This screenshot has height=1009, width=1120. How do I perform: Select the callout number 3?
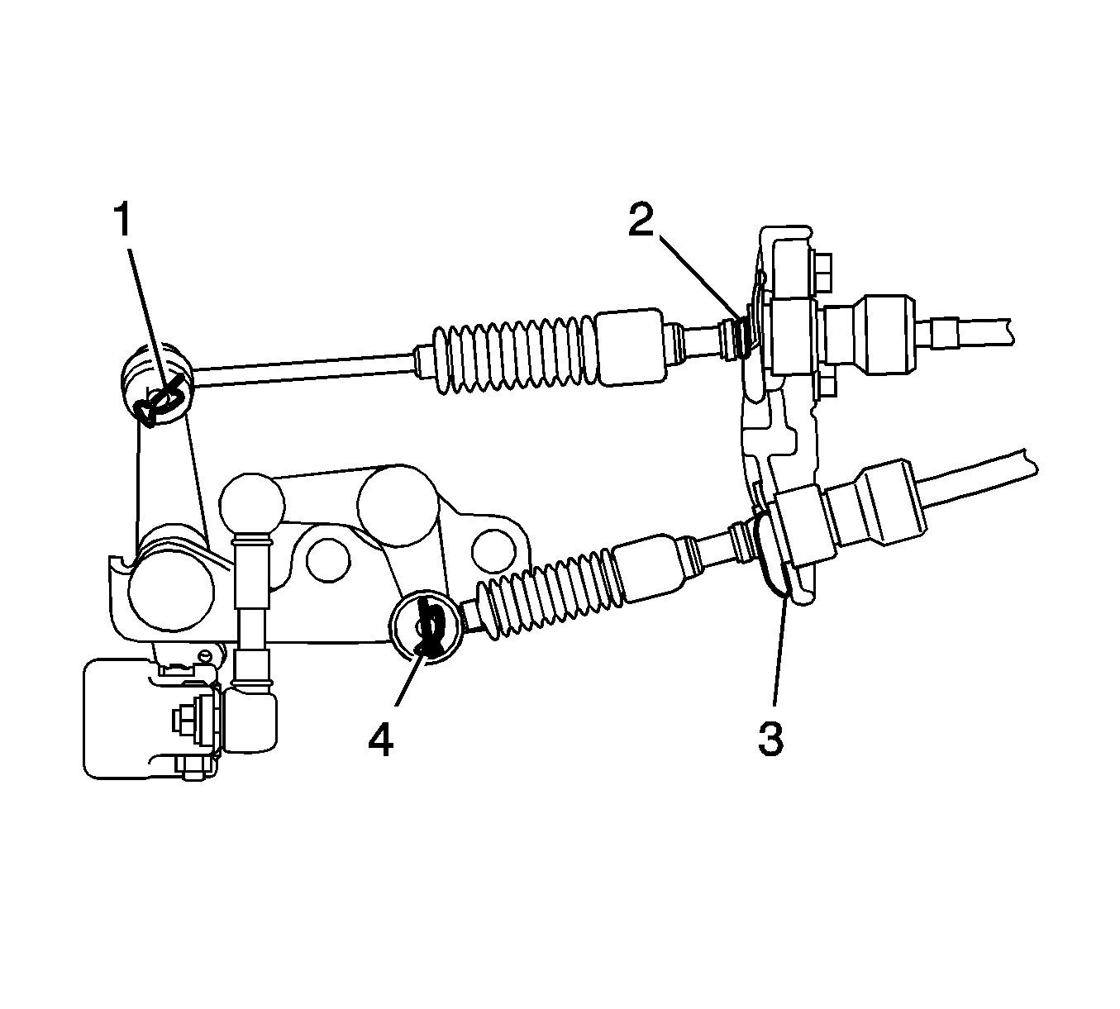pos(771,739)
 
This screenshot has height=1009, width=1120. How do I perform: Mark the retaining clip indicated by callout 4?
pos(429,626)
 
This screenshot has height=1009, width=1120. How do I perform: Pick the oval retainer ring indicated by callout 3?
pos(774,559)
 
